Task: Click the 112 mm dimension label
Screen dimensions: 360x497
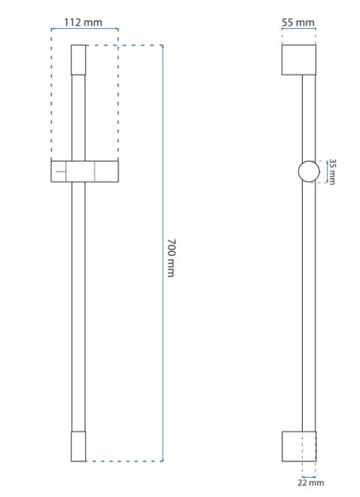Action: tap(84, 22)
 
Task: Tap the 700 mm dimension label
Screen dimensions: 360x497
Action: tap(171, 258)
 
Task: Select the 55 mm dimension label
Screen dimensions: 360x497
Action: tap(298, 22)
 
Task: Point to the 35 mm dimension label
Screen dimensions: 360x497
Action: tap(332, 171)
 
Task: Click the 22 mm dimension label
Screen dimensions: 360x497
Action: tap(310, 483)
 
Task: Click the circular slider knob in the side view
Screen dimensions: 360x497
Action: tap(309, 171)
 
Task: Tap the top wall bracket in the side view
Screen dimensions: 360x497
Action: tap(299, 60)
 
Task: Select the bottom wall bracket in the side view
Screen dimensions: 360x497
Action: tap(299, 446)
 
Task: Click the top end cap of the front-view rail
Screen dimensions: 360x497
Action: tap(79, 60)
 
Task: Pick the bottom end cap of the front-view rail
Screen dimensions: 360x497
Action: tap(79, 446)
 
